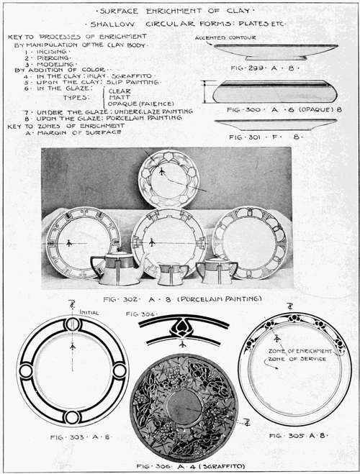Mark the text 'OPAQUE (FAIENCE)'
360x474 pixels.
coord(140,104)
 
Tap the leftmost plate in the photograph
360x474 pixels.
coord(73,242)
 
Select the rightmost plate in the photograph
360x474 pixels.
coord(249,242)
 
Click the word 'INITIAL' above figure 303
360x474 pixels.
coord(89,313)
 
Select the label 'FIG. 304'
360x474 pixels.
coord(140,314)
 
